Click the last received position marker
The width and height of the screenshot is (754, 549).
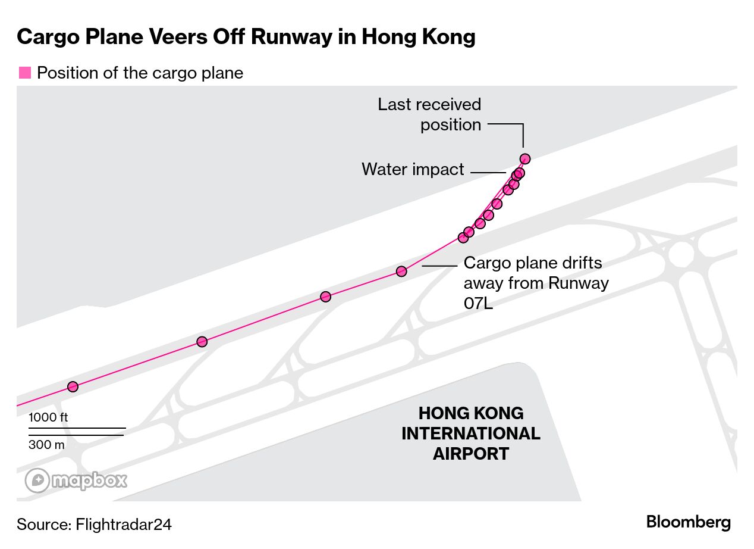click(524, 158)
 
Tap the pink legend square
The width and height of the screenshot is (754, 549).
click(24, 73)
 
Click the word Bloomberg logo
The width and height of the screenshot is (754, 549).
click(688, 522)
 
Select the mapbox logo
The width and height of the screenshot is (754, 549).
click(76, 481)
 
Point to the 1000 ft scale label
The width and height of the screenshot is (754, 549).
click(48, 417)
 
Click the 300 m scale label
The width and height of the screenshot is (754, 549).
click(46, 445)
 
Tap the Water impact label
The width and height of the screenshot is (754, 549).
click(413, 169)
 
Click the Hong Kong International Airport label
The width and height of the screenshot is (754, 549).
click(470, 433)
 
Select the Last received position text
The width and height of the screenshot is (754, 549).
click(429, 114)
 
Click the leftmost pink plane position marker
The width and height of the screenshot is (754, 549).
click(73, 386)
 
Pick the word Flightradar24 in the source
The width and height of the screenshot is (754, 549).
click(124, 524)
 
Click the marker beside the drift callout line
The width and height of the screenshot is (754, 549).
click(401, 272)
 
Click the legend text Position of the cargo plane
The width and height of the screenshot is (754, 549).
click(140, 73)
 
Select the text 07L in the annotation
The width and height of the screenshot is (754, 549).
click(478, 302)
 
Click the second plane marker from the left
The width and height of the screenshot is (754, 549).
click(202, 342)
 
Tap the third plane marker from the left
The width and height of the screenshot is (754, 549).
click(325, 297)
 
